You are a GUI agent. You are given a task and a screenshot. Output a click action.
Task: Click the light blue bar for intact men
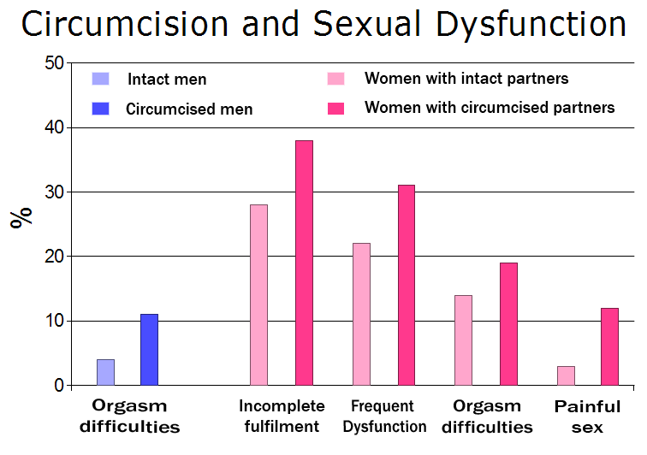click(x=105, y=372)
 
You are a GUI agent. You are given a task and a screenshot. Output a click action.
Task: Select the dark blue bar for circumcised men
click(x=150, y=350)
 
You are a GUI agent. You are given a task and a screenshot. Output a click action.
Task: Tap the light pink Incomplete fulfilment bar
click(x=258, y=295)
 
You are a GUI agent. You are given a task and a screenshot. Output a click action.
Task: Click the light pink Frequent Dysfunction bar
click(x=361, y=314)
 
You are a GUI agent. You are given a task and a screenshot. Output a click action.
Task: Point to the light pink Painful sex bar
click(x=566, y=375)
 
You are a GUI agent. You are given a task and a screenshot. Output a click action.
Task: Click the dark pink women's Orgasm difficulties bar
click(x=508, y=324)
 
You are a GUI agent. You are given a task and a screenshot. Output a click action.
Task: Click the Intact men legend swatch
click(x=101, y=80)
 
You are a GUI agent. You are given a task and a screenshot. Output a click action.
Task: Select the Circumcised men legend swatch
click(x=101, y=108)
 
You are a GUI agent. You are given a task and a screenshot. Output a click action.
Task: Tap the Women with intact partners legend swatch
click(x=335, y=80)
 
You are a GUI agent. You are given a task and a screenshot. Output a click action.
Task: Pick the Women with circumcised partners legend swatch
click(x=335, y=108)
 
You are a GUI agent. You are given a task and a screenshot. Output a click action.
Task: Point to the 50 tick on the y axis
click(x=53, y=63)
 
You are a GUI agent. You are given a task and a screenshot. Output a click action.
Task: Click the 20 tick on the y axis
click(x=53, y=257)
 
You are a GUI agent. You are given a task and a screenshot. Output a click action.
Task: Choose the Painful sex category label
click(x=587, y=417)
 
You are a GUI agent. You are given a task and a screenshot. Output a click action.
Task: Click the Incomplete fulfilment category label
click(x=282, y=416)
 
